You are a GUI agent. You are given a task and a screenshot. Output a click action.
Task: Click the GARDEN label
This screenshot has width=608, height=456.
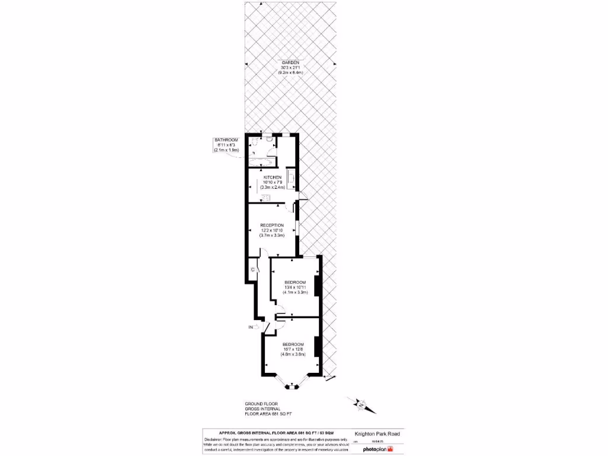point(289,62)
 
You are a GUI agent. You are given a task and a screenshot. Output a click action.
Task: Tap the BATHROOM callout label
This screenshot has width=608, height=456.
point(226,140)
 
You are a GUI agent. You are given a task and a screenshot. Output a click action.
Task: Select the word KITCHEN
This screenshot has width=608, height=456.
point(273,177)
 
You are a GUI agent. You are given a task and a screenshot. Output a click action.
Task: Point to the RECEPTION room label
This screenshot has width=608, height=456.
point(272,225)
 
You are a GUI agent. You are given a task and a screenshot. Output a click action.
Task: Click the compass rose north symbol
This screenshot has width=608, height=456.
point(360,405)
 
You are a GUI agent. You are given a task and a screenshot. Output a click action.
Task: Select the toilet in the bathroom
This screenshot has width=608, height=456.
point(255,142)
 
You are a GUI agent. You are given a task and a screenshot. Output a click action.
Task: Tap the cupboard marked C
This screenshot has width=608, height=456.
point(253,270)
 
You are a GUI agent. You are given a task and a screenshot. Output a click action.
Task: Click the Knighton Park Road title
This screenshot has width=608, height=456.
point(376,434)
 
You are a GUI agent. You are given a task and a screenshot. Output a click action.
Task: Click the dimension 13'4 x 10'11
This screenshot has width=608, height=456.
point(294,287)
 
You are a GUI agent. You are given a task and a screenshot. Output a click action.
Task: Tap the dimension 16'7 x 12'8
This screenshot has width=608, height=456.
point(293,350)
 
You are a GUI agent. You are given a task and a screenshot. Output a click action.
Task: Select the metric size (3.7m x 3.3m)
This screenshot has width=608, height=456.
point(272,236)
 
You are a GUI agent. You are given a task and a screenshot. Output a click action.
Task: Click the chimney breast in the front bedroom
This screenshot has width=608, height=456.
point(318,347)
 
